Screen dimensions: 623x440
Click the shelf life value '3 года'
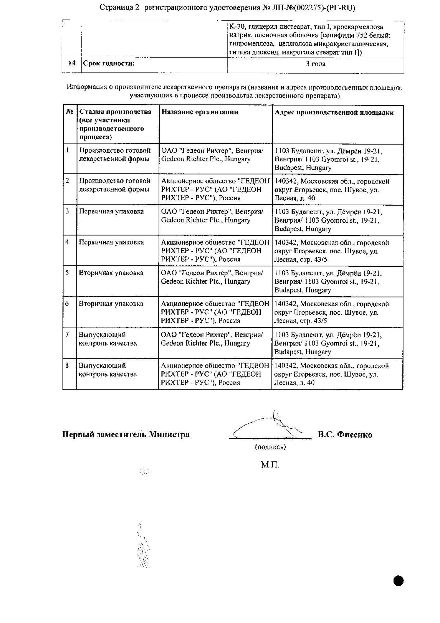pyautogui.click(x=316, y=64)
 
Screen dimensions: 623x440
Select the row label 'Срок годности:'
pyautogui.click(x=109, y=64)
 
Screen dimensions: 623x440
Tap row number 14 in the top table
pyautogui.click(x=72, y=63)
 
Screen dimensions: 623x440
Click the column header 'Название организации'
pyautogui.click(x=199, y=112)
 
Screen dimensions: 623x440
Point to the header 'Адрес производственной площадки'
pyautogui.click(x=334, y=112)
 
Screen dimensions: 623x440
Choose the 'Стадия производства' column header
pyautogui.click(x=115, y=124)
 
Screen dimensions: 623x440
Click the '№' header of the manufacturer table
pyautogui.click(x=69, y=112)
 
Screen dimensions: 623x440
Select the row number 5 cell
pyautogui.click(x=67, y=273)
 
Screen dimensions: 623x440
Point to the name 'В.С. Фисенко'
pyautogui.click(x=345, y=435)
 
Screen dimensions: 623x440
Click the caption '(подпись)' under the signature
pyautogui.click(x=270, y=447)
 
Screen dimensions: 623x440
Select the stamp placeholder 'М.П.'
pyautogui.click(x=270, y=465)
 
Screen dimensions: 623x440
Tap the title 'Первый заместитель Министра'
pyautogui.click(x=126, y=435)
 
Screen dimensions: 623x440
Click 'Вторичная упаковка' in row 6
pyautogui.click(x=111, y=304)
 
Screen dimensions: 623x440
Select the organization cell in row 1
pyautogui.click(x=212, y=155)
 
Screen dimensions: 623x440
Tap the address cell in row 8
pyautogui.click(x=331, y=374)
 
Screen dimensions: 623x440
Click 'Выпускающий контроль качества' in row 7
pyautogui.click(x=108, y=339)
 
